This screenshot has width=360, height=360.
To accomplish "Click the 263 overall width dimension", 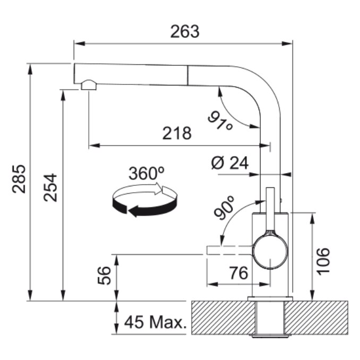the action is pos(185,32).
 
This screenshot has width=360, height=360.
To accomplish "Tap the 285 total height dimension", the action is pos(19,179).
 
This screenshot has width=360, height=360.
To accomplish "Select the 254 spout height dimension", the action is pos(50,187).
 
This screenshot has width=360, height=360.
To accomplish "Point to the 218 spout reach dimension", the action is pos(177,133).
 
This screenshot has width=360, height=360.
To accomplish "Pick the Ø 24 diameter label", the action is pos(230,163).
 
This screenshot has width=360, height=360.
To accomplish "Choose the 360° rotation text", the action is pos(146,173).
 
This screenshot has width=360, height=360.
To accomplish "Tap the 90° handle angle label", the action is pos(224,208).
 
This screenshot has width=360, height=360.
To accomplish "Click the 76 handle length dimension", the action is pos(239,273).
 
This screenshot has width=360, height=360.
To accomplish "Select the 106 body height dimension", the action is pos(323,261).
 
